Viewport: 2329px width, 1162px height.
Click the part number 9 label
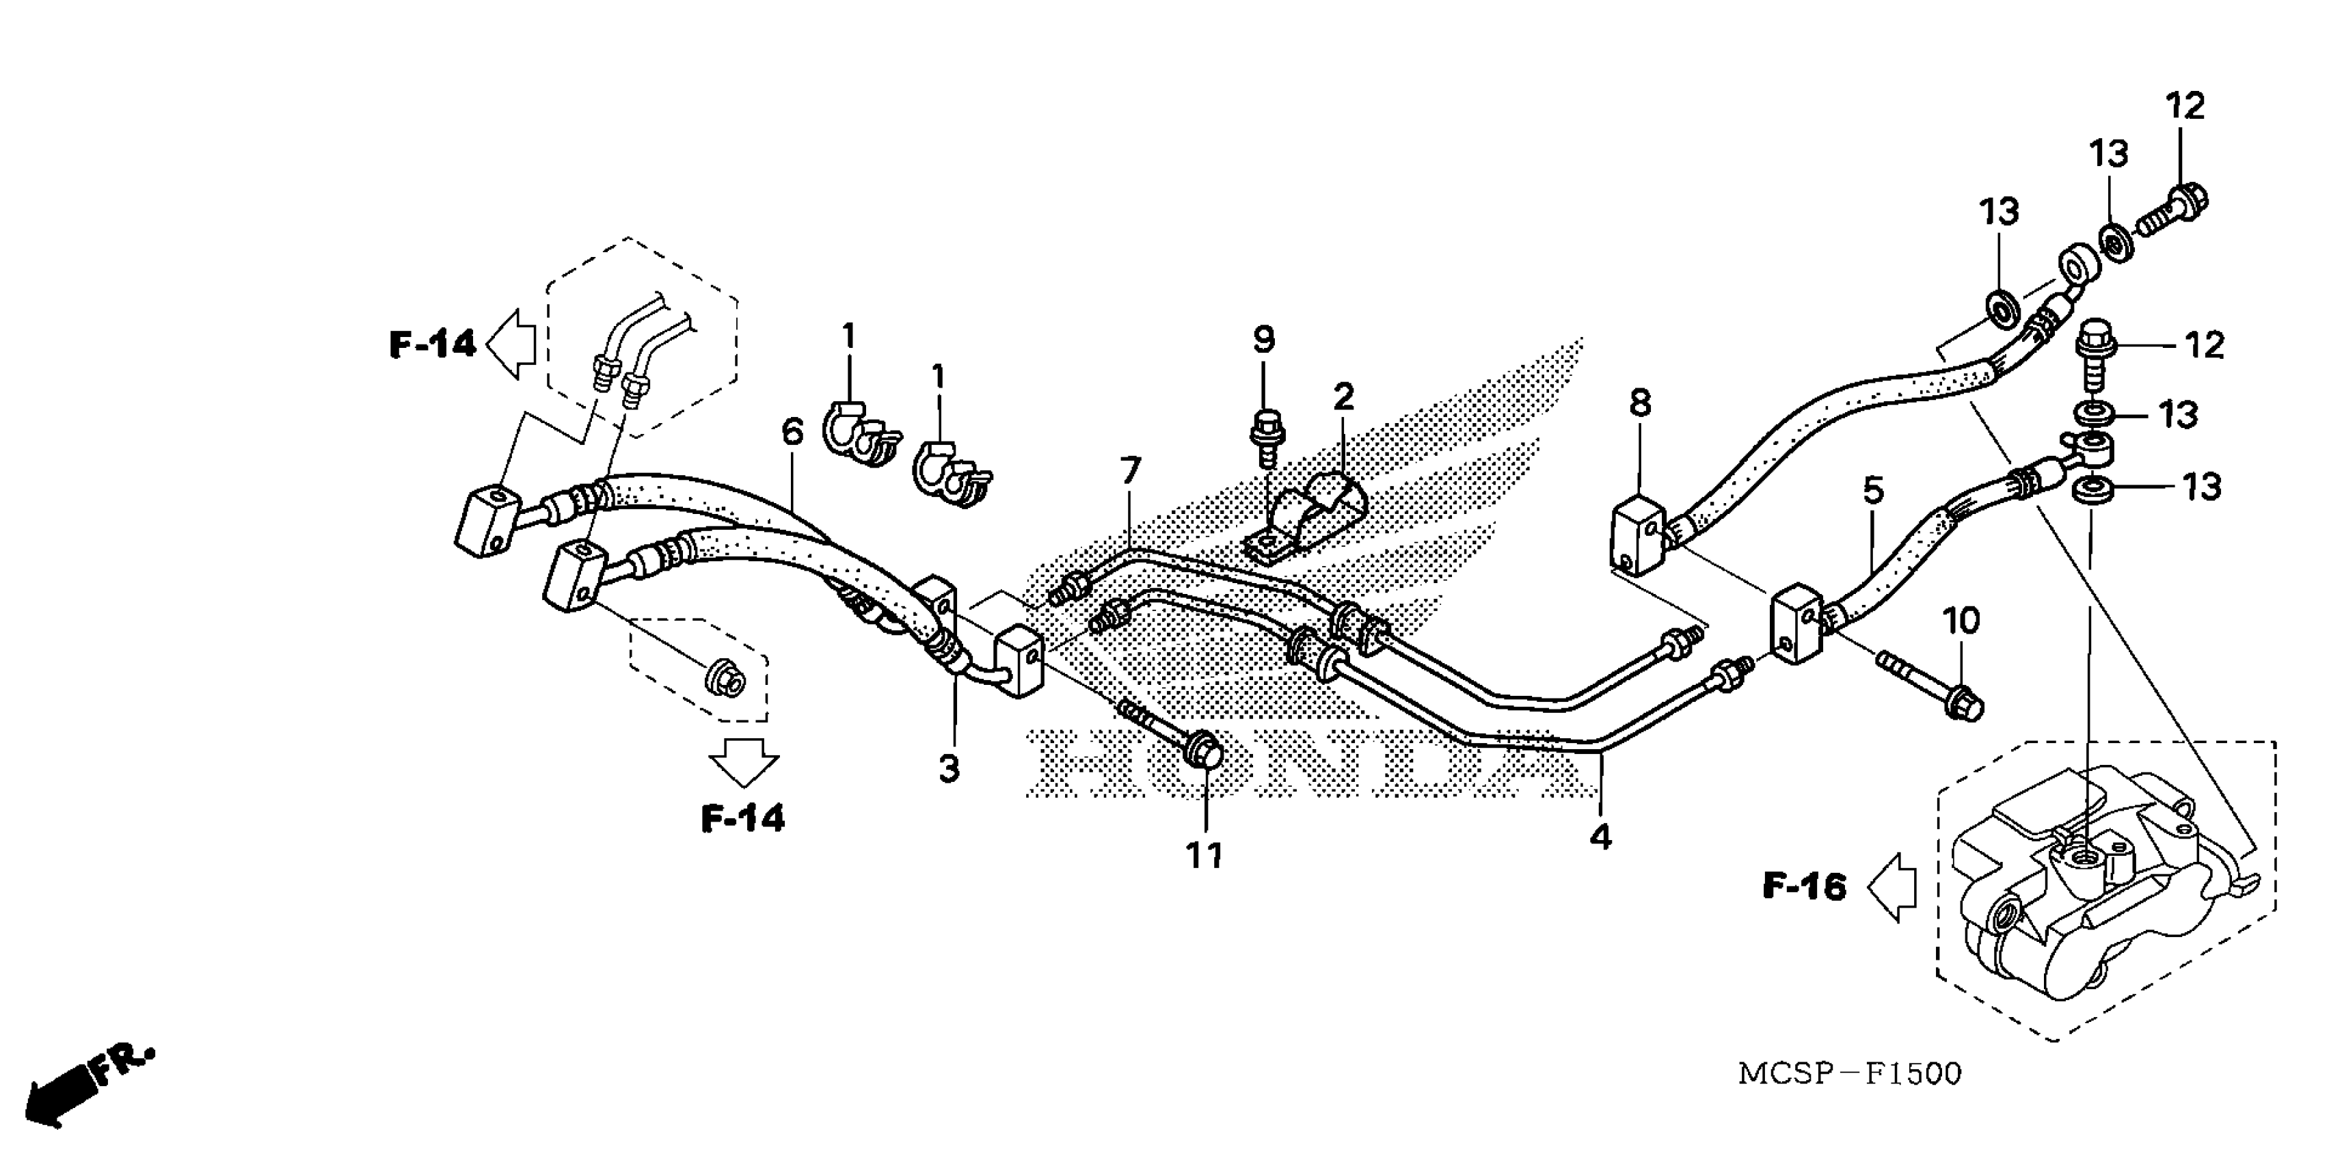[1263, 340]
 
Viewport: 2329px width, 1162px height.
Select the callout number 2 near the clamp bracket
[1343, 396]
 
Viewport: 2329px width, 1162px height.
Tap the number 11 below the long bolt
[1204, 854]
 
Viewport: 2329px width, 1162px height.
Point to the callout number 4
[1600, 837]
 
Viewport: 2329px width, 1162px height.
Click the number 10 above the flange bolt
[1961, 621]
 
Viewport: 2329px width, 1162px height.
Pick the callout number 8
[1640, 403]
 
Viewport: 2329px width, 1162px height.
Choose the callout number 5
[1873, 491]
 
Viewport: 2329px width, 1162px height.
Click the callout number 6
[792, 432]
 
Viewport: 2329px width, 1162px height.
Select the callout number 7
[1130, 470]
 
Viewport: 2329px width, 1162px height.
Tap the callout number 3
[948, 770]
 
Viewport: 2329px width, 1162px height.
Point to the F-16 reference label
[1804, 886]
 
